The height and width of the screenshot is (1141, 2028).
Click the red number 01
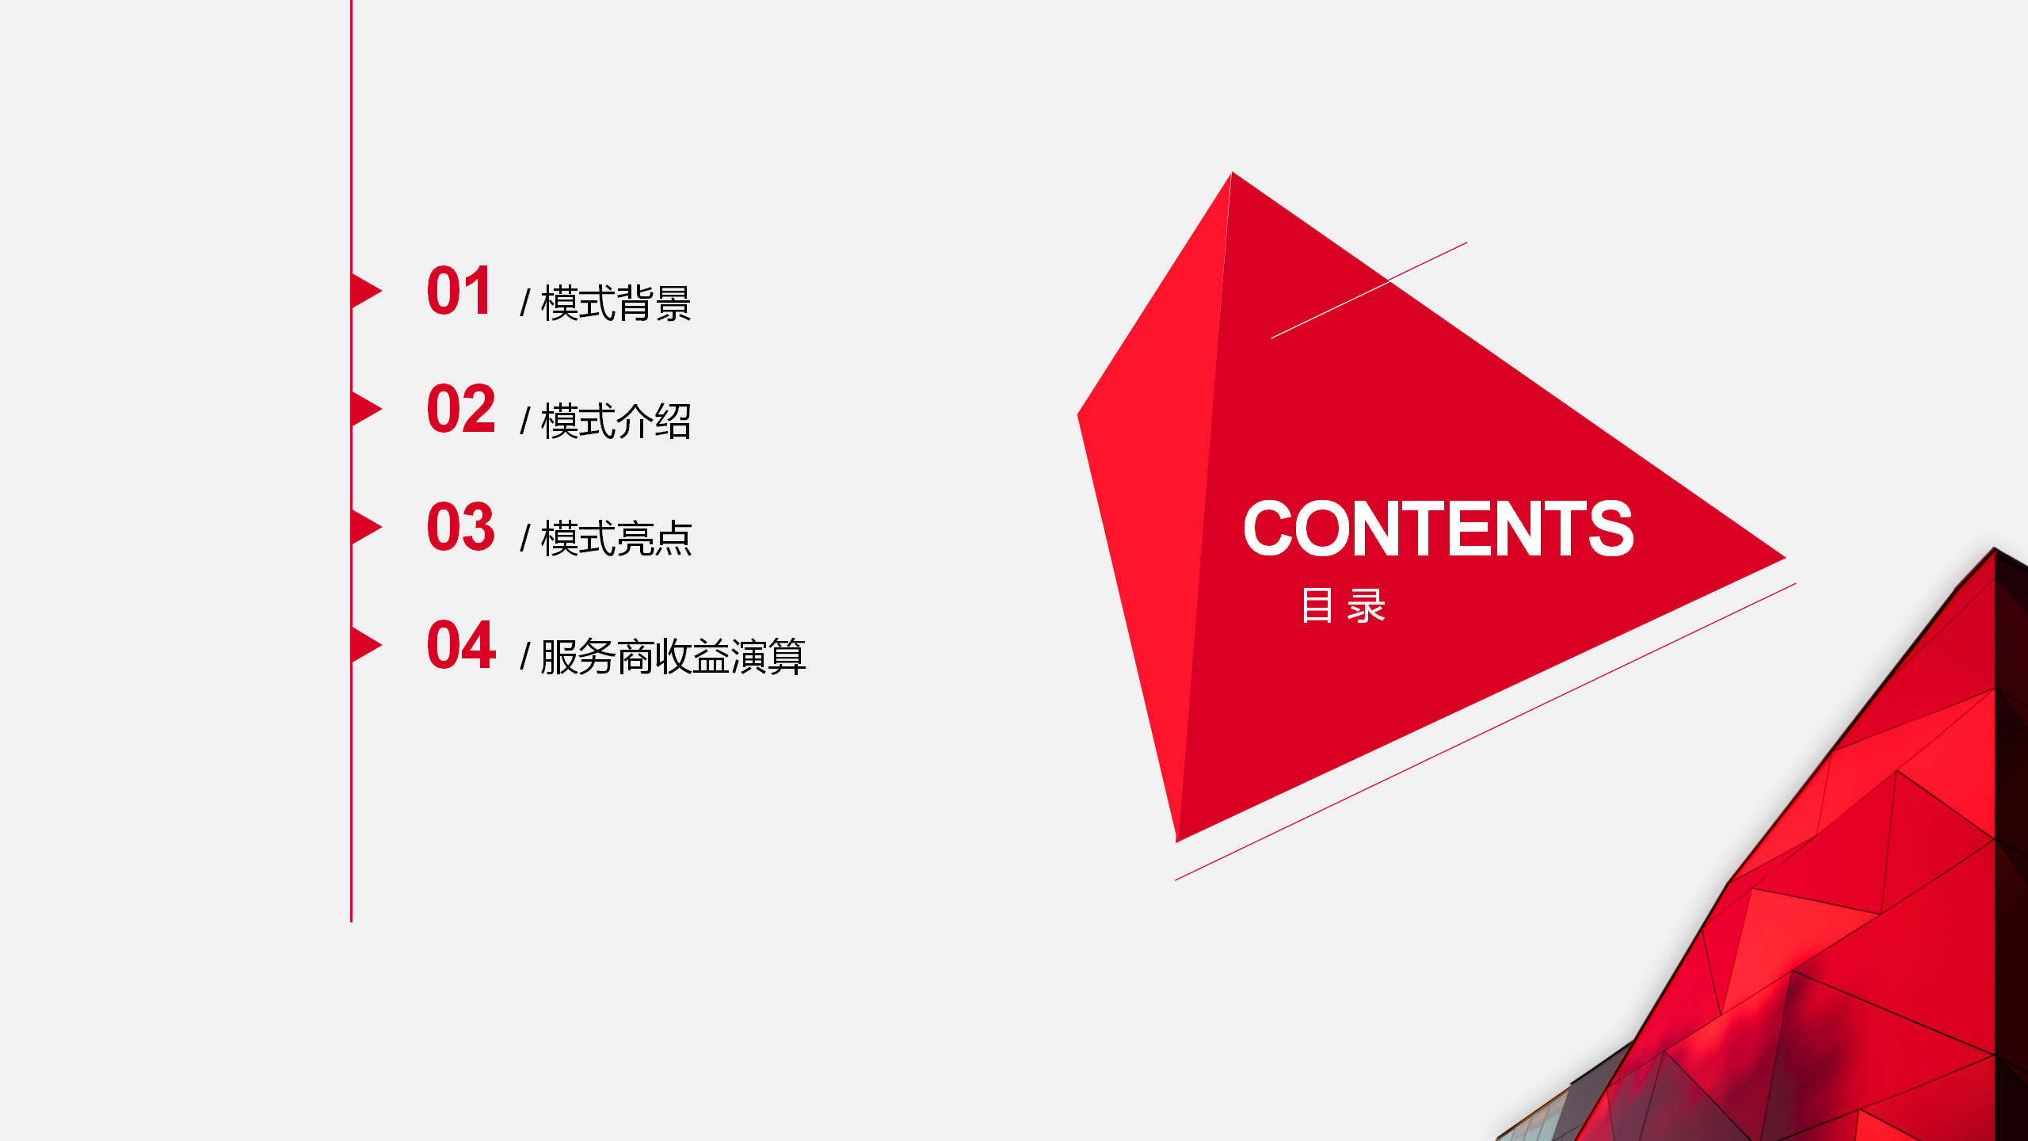point(459,292)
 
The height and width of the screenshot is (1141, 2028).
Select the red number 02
point(461,409)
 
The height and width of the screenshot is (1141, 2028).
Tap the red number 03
point(461,527)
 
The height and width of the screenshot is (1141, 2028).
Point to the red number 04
point(462,645)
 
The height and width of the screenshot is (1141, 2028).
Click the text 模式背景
point(616,303)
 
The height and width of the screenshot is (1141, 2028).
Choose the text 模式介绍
point(616,421)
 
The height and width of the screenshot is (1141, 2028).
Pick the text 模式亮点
point(616,539)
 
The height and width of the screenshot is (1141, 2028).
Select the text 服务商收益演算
point(673,657)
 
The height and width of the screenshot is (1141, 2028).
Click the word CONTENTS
point(1439,529)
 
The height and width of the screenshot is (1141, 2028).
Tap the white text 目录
point(1344,606)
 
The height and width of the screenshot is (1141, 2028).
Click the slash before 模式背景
point(524,303)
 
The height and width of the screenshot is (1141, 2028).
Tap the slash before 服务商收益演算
point(524,657)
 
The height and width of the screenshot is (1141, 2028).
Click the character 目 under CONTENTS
point(1317,606)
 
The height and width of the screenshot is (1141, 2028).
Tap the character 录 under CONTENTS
point(1367,606)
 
